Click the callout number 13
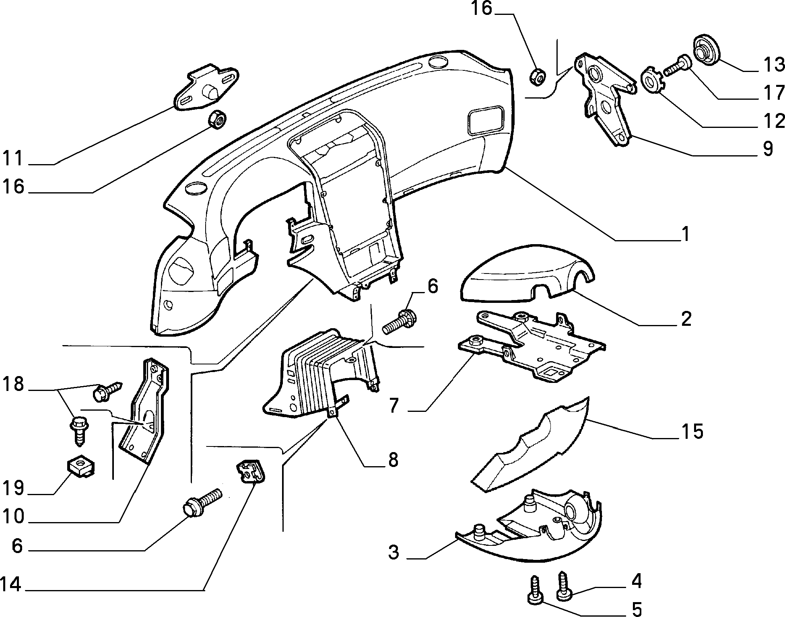click(773, 65)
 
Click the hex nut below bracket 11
click(216, 119)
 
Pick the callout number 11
click(14, 158)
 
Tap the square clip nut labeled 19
click(79, 467)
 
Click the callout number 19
click(13, 489)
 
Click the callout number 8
click(391, 460)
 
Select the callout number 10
click(13, 516)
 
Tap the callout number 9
click(767, 149)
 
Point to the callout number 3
click(394, 552)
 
